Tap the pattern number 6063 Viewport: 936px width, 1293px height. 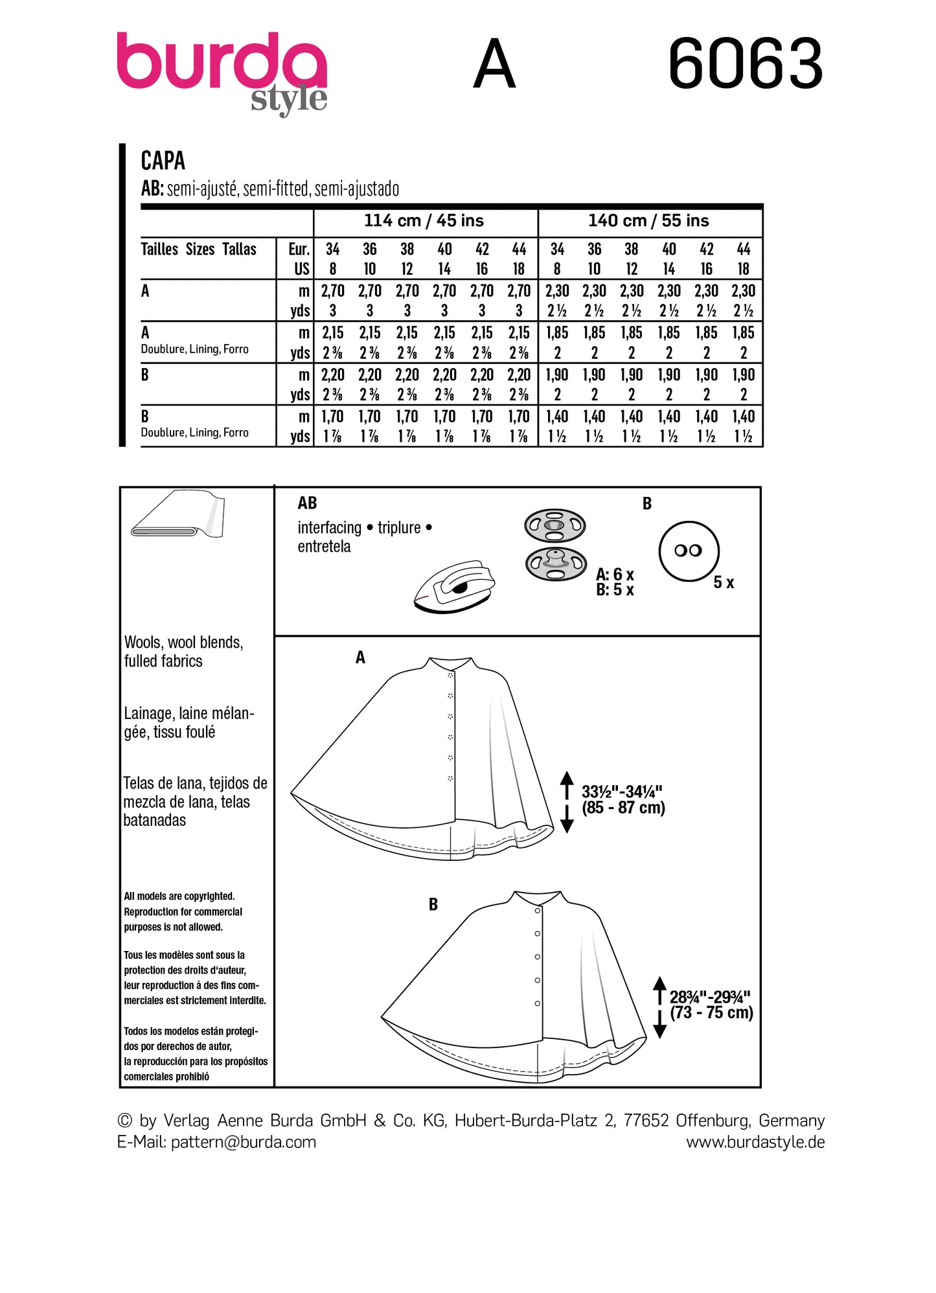tap(745, 64)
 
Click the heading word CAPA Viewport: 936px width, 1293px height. tap(163, 160)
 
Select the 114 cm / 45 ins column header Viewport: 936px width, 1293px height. tap(424, 221)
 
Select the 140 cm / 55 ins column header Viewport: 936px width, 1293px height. tap(648, 221)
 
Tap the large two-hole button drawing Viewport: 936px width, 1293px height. tap(689, 551)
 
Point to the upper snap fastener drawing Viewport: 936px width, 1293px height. tap(554, 525)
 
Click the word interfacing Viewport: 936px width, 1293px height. tap(329, 528)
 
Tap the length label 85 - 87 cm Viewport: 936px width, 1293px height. tap(623, 808)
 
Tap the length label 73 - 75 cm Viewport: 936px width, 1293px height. tap(711, 1013)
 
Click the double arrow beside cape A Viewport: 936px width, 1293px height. tap(567, 801)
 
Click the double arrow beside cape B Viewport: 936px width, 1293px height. tap(659, 1007)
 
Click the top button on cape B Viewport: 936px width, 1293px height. tap(537, 910)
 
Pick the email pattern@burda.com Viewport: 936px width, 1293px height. tap(244, 1141)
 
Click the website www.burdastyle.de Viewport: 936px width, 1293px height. tap(755, 1141)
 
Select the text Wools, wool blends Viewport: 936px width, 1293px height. tap(183, 642)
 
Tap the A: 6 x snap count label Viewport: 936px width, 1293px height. tap(615, 574)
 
